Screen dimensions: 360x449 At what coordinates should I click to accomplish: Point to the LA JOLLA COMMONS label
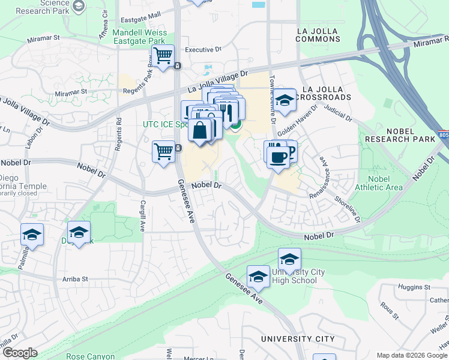pos(318,35)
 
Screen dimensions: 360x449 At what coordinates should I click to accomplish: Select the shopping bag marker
pos(199,130)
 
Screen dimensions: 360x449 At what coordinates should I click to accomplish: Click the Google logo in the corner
pos(19,353)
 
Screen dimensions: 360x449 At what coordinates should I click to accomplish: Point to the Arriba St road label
pos(75,279)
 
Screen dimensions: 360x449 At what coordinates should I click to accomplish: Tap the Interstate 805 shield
pos(443,136)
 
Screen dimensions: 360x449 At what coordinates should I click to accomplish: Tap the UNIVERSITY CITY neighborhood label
pos(298,339)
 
